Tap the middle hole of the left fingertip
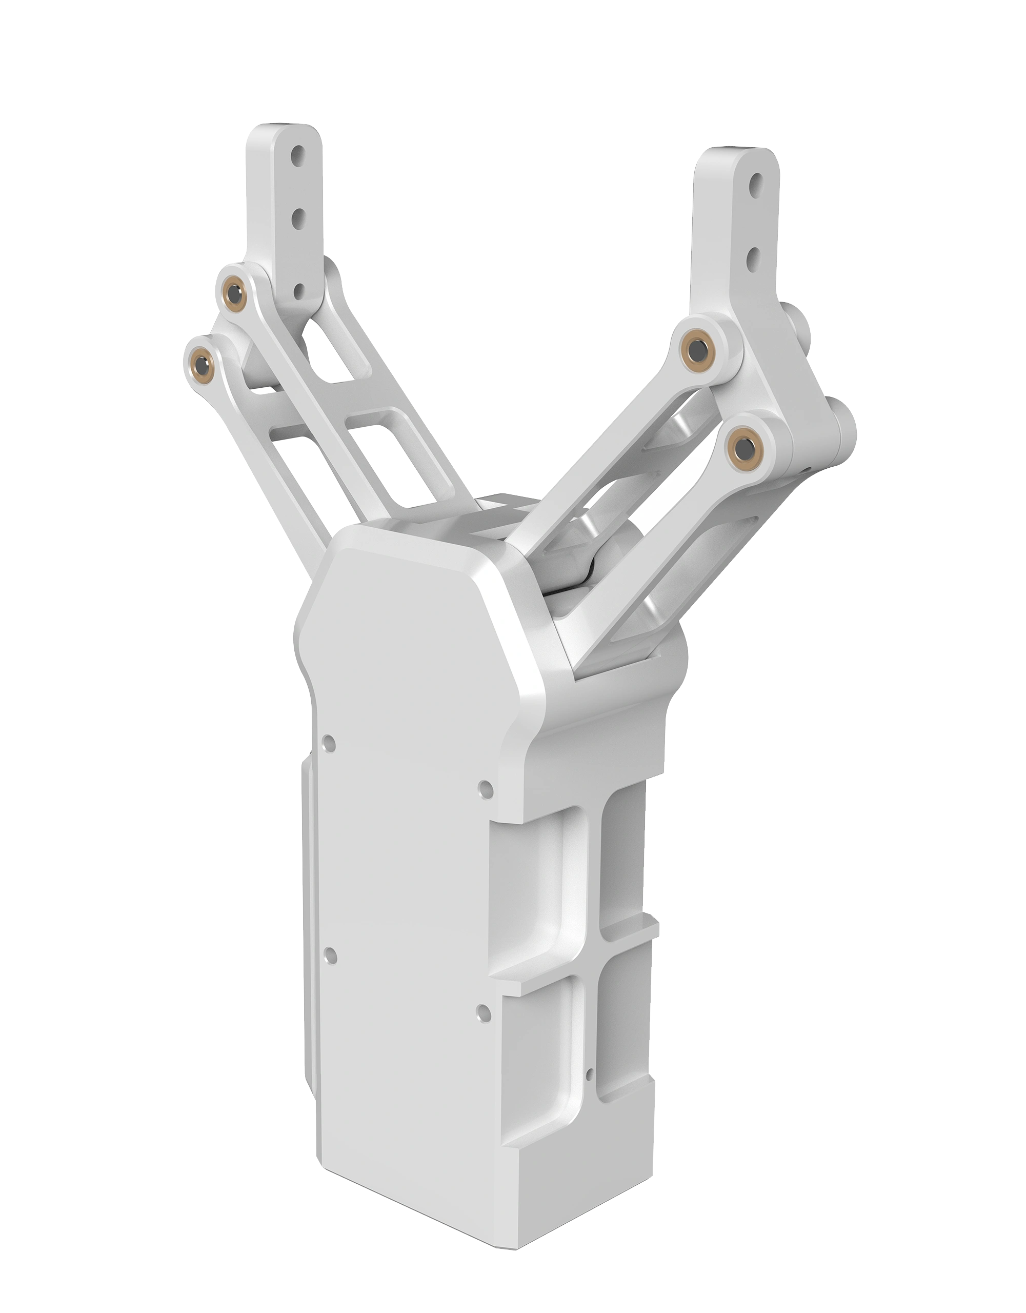tap(297, 220)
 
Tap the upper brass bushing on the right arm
tap(698, 349)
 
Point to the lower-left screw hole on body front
tap(330, 954)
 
